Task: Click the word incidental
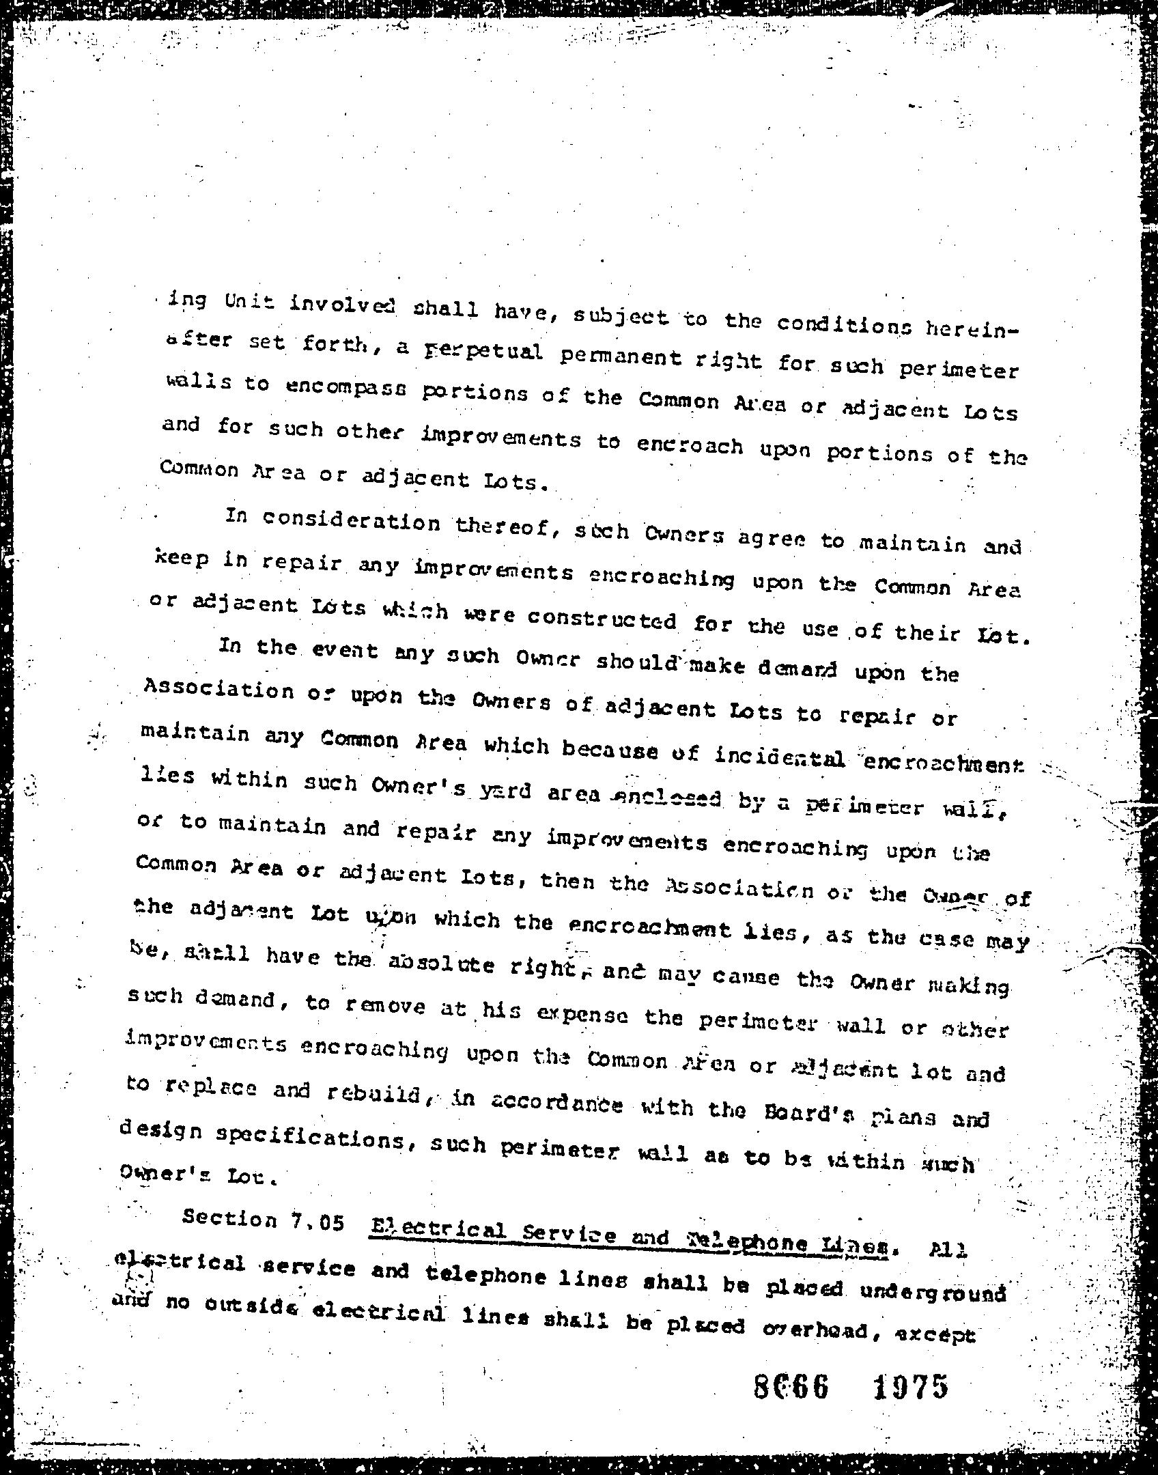pyautogui.click(x=780, y=757)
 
